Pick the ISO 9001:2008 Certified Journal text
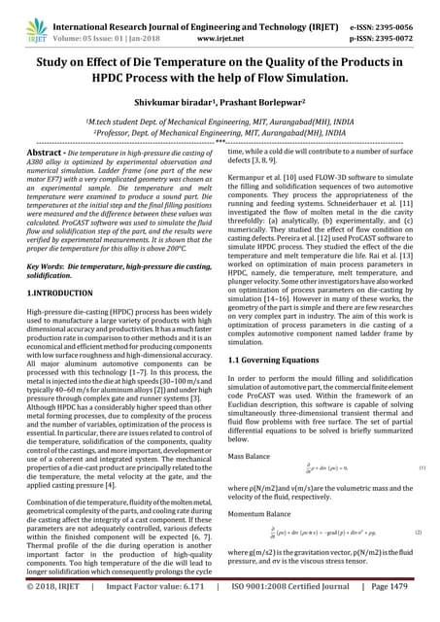290,612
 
